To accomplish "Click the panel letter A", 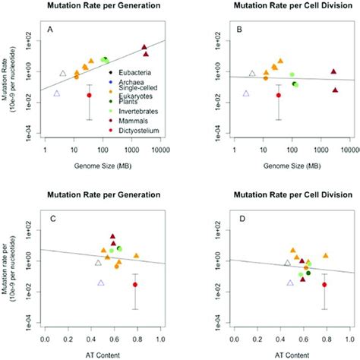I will click(x=51, y=31).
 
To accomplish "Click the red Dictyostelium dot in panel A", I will click(x=89, y=95).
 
